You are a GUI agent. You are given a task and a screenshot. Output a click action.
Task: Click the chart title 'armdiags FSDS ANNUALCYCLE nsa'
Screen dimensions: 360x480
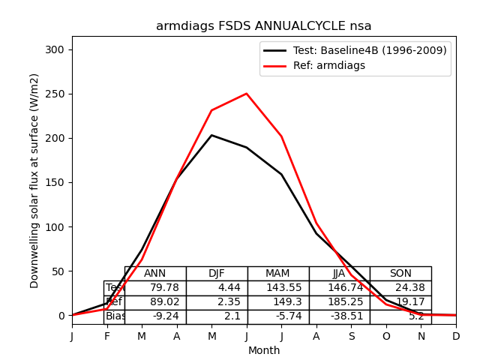coord(263,26)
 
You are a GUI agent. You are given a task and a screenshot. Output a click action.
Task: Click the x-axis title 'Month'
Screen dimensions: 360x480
coord(264,350)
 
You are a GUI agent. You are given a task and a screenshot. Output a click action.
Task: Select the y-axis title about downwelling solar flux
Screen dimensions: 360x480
coord(34,180)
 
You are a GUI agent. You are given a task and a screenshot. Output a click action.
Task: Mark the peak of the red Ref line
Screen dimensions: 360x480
coord(247,94)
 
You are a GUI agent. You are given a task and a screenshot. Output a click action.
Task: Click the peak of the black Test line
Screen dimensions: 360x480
coord(211,135)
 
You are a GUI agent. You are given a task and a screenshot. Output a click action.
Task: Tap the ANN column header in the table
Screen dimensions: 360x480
coord(155,274)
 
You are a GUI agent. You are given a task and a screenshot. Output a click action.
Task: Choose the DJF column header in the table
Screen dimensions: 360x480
coord(217,274)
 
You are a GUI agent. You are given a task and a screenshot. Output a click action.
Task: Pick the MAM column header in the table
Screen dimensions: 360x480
coord(277,274)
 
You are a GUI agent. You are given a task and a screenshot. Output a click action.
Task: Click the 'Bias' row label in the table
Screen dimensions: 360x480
coord(115,316)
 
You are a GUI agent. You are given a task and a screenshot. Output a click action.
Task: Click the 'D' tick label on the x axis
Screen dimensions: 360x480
coord(456,337)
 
